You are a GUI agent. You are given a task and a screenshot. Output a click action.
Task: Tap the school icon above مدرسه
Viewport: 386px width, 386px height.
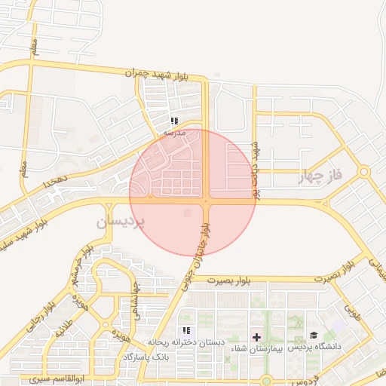point(174,121)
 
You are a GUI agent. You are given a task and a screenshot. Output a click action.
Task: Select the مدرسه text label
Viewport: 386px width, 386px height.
point(174,132)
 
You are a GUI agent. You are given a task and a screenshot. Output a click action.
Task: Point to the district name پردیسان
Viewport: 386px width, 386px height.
point(118,223)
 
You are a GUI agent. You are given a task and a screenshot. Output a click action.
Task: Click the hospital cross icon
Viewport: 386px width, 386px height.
point(257,335)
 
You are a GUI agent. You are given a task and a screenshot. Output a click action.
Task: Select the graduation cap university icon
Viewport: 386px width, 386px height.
point(314,335)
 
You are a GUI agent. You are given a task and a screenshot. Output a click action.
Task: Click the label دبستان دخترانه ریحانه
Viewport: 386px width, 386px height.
point(186,342)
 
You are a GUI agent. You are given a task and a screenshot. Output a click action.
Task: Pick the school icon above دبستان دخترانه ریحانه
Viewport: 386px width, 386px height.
point(186,331)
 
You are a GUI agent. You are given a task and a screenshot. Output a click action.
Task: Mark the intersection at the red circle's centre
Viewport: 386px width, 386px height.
point(206,201)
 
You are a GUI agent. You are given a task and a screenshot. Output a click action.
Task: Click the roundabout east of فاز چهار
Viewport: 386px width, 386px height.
point(364,172)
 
